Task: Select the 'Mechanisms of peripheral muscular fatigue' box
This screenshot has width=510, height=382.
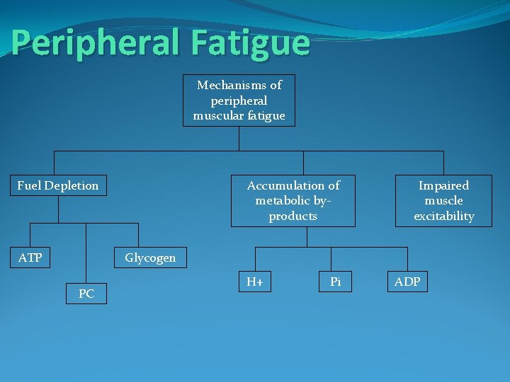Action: pyautogui.click(x=239, y=100)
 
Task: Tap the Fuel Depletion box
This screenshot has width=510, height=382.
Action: pyautogui.click(x=58, y=185)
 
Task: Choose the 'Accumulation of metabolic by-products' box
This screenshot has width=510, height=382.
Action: pyautogui.click(x=293, y=201)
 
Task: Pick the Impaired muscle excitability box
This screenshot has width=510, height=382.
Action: pyautogui.click(x=443, y=201)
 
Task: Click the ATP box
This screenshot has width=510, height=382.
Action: pyautogui.click(x=30, y=257)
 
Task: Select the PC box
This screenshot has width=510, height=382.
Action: pyautogui.click(x=86, y=294)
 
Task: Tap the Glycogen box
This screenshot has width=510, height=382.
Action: pyautogui.click(x=150, y=257)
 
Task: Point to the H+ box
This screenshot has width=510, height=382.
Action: pyautogui.click(x=255, y=282)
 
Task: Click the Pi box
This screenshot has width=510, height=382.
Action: pyautogui.click(x=336, y=282)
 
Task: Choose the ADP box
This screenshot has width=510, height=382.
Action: pyautogui.click(x=407, y=282)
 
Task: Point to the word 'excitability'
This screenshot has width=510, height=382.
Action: pyautogui.click(x=443, y=216)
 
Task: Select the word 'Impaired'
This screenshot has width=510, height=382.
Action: pyautogui.click(x=443, y=185)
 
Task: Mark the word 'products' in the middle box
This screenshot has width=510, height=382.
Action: pyautogui.click(x=293, y=216)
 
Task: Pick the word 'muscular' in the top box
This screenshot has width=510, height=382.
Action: pyautogui.click(x=217, y=116)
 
